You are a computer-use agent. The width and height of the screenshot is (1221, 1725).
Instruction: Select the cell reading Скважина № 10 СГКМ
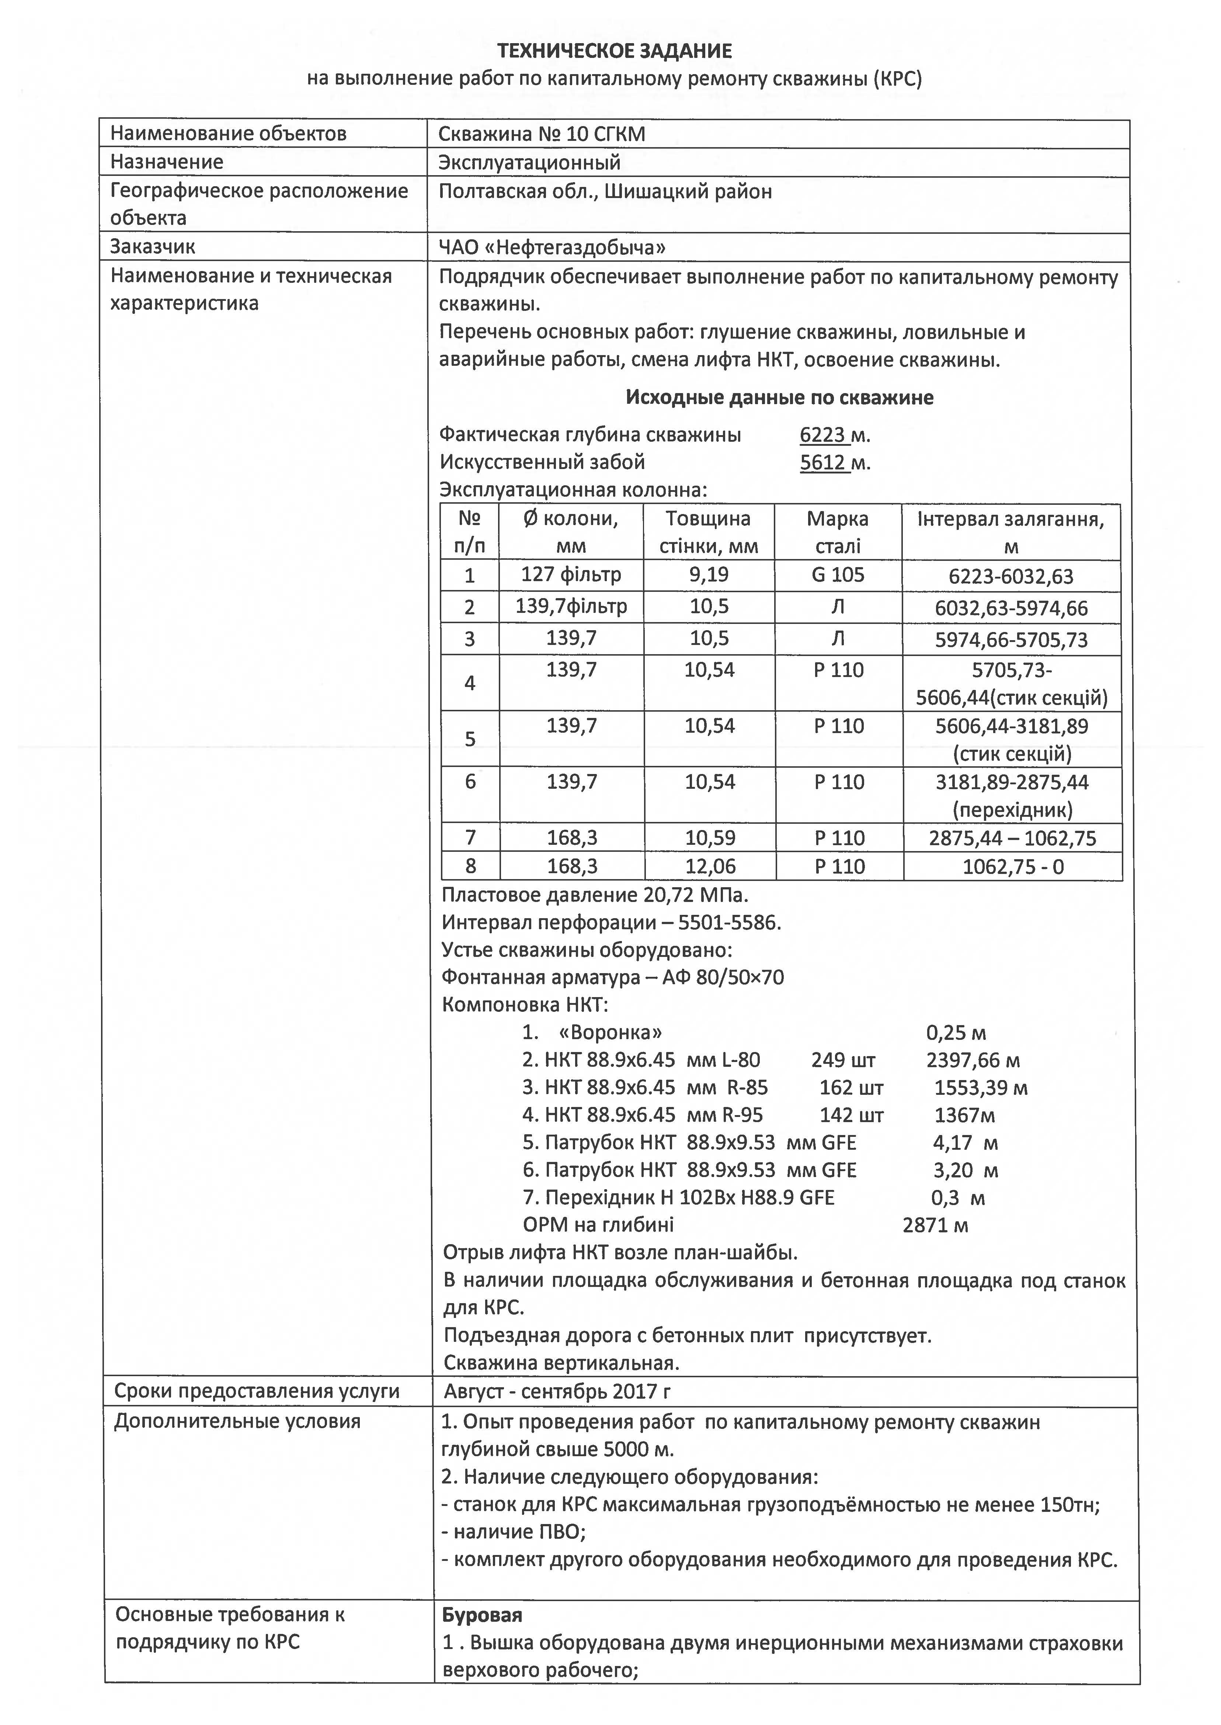(541, 135)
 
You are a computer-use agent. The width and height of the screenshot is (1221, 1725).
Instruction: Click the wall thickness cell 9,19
(709, 575)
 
